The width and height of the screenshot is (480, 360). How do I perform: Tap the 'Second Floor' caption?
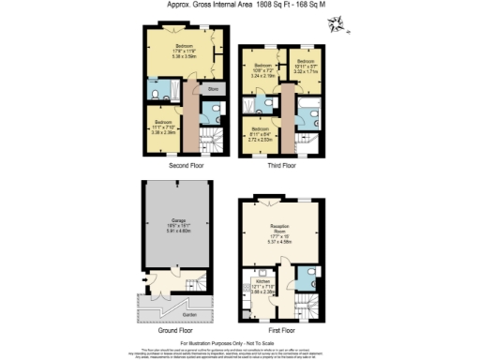[x=187, y=165]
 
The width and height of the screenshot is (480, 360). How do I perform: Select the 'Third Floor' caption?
[x=280, y=165]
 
